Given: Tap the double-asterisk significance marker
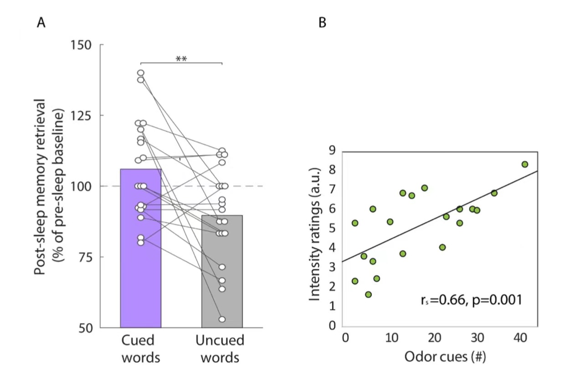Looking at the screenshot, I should [181, 59].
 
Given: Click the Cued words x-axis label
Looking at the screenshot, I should [141, 349].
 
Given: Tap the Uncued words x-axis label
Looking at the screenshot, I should [220, 349].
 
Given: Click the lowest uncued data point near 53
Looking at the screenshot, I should [222, 319].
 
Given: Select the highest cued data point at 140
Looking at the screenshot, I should [141, 73].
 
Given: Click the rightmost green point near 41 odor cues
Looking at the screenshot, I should [525, 164].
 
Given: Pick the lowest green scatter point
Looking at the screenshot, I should [368, 294].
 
